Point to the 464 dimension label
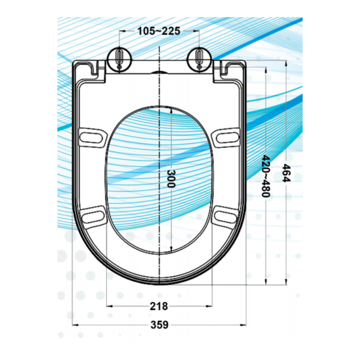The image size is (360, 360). point(284,173)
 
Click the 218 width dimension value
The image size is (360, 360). point(159,306)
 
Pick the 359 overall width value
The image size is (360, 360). point(159,324)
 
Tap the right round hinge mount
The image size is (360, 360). point(199,58)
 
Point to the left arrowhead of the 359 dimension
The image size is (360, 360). point(75,324)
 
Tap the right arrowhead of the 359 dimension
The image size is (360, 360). point(244,324)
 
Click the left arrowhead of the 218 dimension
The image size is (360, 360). point(108,306)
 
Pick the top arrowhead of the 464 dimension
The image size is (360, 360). point(284,63)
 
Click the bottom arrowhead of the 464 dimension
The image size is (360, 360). point(284,282)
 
